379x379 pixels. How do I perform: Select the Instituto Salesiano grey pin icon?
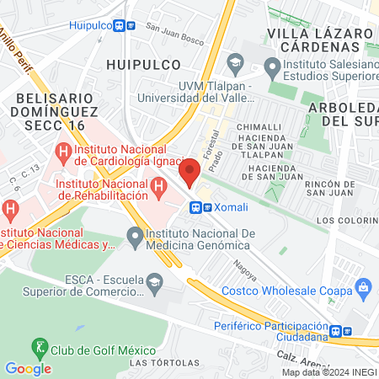pyautogui.click(x=271, y=66)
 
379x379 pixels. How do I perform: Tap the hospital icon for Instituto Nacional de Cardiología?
pyautogui.click(x=62, y=152)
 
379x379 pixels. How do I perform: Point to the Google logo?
pyautogui.click(x=28, y=368)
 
